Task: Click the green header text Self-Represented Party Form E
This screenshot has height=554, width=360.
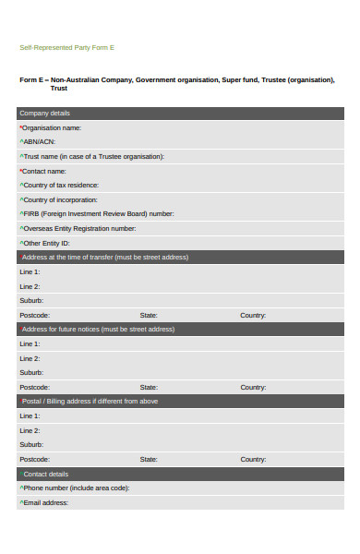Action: click(x=66, y=47)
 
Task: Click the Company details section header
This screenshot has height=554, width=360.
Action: click(x=44, y=114)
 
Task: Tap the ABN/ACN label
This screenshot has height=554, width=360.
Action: click(x=39, y=142)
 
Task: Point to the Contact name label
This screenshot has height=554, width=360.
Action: click(x=43, y=171)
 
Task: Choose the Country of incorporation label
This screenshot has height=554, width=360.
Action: click(x=62, y=199)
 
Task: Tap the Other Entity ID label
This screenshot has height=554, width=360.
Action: click(x=48, y=243)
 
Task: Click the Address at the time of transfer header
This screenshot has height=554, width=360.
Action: click(x=104, y=258)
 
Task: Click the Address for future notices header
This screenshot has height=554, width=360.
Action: click(x=98, y=330)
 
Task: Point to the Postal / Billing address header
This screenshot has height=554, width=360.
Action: click(x=90, y=402)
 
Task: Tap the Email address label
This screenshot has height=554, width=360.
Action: click(x=45, y=502)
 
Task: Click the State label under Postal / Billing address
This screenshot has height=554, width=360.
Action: click(x=149, y=459)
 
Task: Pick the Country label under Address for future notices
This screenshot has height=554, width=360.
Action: click(x=253, y=387)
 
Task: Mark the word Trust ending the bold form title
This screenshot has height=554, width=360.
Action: click(x=59, y=89)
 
